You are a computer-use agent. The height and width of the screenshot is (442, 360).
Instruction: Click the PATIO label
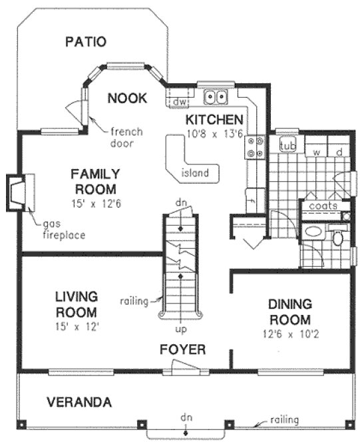pyautogui.click(x=85, y=42)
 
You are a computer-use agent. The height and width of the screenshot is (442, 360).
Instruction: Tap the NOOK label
pyautogui.click(x=126, y=98)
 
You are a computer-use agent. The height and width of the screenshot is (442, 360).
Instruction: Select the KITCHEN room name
pyautogui.click(x=213, y=120)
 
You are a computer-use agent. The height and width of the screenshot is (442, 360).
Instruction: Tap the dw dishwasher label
pyautogui.click(x=178, y=101)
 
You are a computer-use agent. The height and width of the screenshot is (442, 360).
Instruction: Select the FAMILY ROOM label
pyautogui.click(x=96, y=181)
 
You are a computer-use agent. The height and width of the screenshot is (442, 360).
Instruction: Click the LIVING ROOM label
pyautogui.click(x=77, y=304)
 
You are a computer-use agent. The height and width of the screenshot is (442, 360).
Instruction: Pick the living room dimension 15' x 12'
pyautogui.click(x=77, y=326)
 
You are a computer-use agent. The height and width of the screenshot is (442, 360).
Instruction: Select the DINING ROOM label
pyautogui.click(x=289, y=310)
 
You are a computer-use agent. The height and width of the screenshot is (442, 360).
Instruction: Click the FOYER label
pyautogui.click(x=182, y=349)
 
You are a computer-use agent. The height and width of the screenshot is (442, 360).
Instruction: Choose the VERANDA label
pyautogui.click(x=79, y=402)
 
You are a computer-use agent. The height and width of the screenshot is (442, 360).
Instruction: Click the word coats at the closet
pyautogui.click(x=322, y=206)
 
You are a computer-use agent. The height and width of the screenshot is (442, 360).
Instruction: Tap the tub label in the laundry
pyautogui.click(x=287, y=146)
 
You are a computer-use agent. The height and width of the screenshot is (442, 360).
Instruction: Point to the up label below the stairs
pyautogui.click(x=180, y=329)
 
